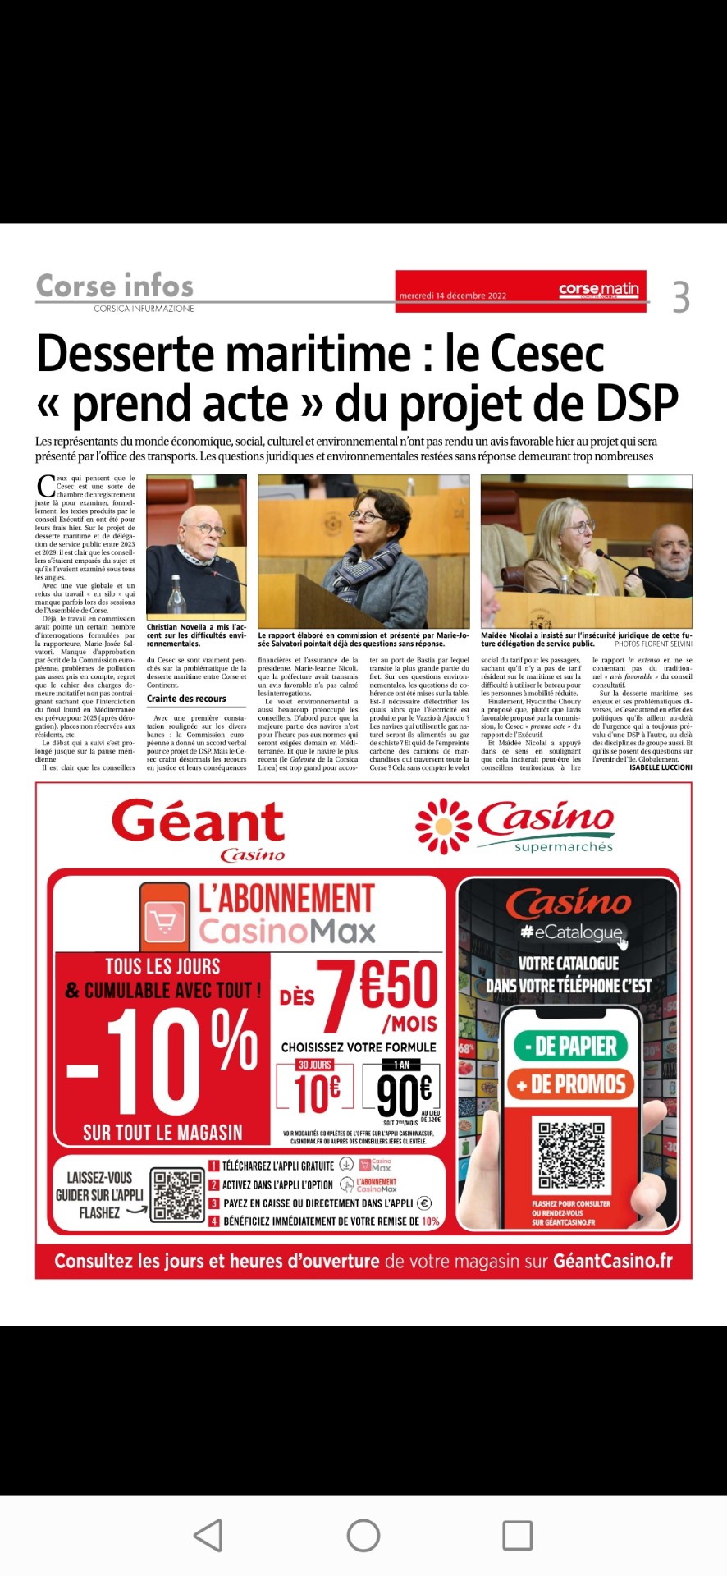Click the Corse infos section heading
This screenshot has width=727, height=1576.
[115, 286]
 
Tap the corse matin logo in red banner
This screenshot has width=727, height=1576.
[598, 290]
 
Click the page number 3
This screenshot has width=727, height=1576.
[680, 296]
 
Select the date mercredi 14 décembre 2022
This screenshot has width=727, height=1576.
[452, 295]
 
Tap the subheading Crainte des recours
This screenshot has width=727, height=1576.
[186, 699]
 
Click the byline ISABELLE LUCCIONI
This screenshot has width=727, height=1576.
[661, 767]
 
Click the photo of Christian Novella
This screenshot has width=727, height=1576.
[196, 546]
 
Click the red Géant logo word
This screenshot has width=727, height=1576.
[198, 821]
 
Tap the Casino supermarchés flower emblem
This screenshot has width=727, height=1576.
[443, 826]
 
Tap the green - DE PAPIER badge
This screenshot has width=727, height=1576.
[570, 1046]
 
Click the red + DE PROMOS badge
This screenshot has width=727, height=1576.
[570, 1084]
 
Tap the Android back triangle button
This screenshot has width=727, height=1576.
[208, 1535]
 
